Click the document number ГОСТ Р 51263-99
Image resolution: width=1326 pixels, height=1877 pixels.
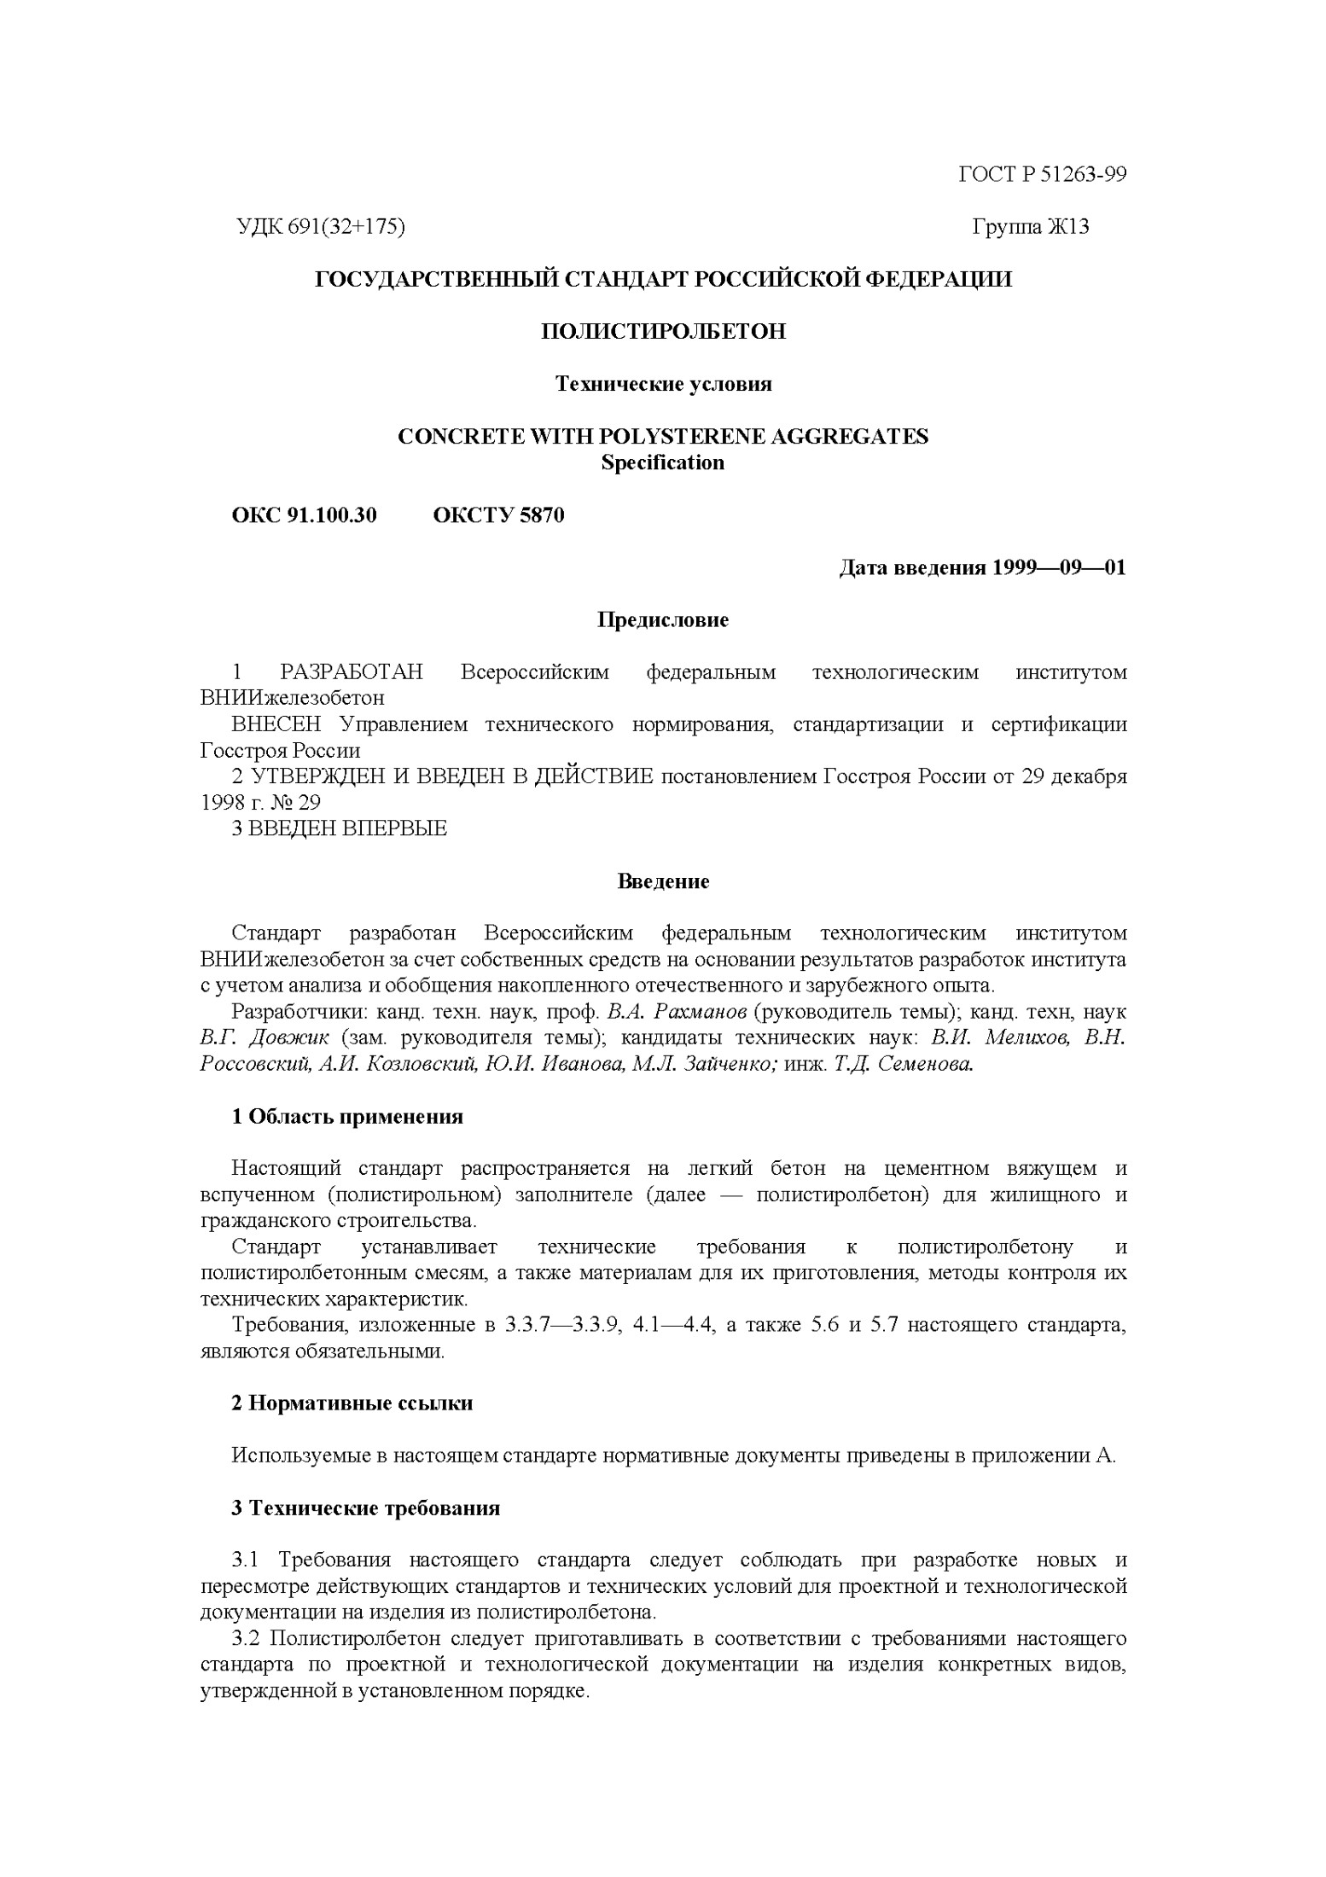1042,175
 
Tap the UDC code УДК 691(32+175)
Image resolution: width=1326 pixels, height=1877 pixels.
319,227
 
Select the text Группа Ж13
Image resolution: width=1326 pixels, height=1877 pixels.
1030,227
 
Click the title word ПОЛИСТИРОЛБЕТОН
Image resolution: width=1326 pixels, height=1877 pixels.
663,331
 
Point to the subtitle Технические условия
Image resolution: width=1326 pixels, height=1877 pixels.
663,384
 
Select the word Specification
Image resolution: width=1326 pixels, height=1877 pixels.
663,463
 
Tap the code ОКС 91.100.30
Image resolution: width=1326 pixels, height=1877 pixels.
304,515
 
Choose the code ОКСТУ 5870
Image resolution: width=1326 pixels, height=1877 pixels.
498,515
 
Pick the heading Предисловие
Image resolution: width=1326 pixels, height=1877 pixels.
663,619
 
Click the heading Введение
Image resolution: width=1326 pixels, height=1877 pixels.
663,881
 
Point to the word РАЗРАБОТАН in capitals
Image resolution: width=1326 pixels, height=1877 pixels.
352,672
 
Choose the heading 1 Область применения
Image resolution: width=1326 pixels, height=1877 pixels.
347,1117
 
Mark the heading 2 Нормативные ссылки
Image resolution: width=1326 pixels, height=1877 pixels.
352,1403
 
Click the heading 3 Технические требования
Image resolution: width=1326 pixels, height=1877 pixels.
365,1508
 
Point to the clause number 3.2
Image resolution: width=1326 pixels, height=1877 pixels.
246,1639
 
